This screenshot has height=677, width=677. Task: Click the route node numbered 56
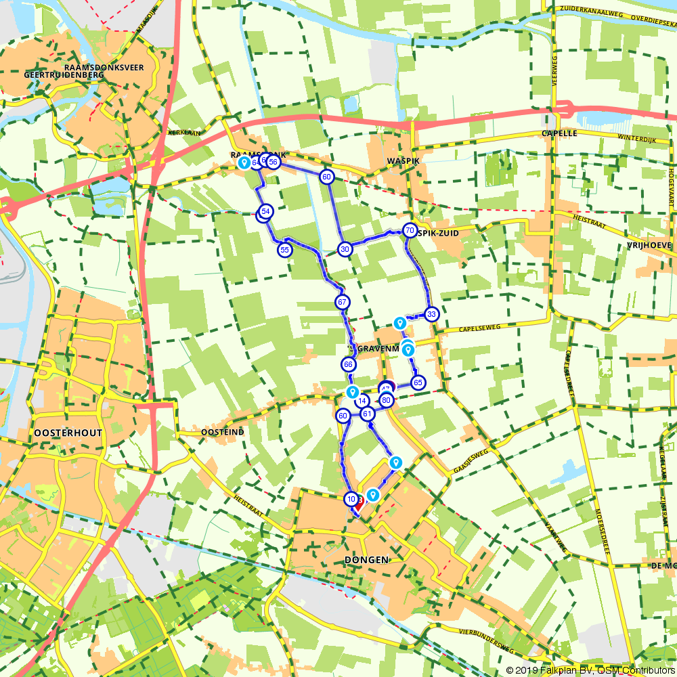pos(274,162)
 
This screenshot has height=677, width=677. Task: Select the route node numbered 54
pos(266,212)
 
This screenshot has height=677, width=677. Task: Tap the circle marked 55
pos(284,250)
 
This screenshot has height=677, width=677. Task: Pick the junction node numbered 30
pos(345,249)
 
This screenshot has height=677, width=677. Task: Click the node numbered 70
pos(410,230)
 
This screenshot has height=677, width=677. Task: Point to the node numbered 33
pos(431,313)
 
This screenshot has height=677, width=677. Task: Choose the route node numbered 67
pos(343,302)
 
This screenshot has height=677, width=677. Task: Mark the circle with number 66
pos(349,365)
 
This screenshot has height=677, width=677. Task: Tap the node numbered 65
pos(418,383)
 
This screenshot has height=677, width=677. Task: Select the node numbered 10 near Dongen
pos(351,499)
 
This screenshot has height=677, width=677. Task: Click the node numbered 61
pos(367,414)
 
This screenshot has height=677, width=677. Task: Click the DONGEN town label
pos(366,560)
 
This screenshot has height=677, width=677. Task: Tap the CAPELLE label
pos(559,133)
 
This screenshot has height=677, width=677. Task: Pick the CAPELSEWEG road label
pos(479,327)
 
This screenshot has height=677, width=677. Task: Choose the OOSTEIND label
pos(222,431)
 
